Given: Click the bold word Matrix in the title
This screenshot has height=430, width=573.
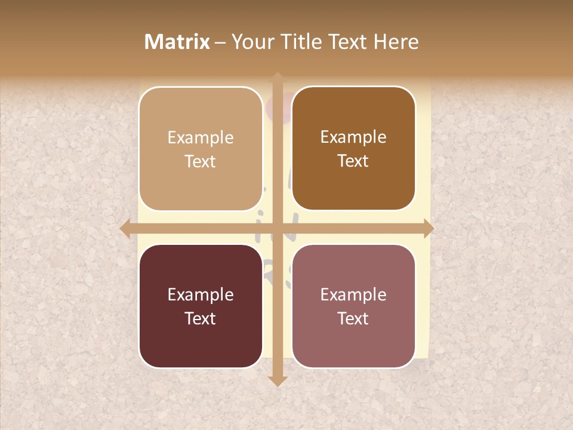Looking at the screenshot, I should (177, 42).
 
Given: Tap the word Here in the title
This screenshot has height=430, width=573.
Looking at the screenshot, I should (396, 42).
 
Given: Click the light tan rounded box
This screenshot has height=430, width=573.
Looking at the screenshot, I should (201, 149).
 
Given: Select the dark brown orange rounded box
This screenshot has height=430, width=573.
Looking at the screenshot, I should (353, 149).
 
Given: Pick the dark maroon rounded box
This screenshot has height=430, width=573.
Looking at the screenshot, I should (201, 306).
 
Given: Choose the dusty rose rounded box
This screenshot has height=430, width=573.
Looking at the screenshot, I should (353, 306).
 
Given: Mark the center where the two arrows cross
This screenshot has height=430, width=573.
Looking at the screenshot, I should (277, 229).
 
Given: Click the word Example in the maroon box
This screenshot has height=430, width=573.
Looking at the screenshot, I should (201, 294).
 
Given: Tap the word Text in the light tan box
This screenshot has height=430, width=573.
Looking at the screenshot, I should (201, 161).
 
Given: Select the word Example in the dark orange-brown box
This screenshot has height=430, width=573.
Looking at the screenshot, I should (353, 137).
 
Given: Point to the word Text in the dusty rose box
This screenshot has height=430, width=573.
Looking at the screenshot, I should (353, 318).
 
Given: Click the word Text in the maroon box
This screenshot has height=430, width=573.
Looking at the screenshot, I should (201, 318).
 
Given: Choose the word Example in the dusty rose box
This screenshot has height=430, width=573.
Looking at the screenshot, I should (353, 294).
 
